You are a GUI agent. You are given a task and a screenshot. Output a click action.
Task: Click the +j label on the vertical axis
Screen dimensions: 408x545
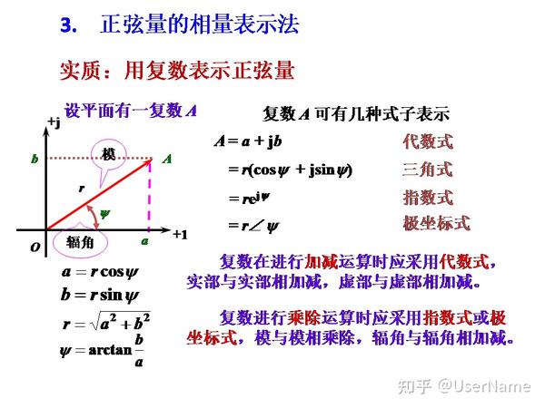click(53, 122)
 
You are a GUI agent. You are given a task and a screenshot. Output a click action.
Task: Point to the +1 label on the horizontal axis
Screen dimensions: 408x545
click(180, 234)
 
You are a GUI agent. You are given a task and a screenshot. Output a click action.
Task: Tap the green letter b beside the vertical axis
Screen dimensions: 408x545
click(35, 160)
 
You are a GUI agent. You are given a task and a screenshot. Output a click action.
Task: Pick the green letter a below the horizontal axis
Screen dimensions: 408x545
click(144, 243)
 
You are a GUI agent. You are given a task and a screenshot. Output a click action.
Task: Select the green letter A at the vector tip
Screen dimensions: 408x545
click(167, 159)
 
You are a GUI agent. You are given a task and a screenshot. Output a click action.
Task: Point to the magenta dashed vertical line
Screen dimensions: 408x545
click(151, 195)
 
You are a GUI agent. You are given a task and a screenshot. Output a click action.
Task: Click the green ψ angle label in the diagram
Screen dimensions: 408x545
click(104, 214)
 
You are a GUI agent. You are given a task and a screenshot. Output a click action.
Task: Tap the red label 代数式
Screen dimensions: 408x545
click(427, 141)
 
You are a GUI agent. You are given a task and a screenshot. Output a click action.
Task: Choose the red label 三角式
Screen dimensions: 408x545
click(427, 170)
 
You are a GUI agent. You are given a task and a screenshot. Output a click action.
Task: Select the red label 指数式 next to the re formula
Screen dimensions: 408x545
click(427, 198)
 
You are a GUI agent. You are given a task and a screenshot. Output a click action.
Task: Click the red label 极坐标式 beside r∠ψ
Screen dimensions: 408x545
click(436, 224)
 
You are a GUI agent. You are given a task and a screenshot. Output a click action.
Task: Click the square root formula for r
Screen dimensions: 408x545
click(105, 322)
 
